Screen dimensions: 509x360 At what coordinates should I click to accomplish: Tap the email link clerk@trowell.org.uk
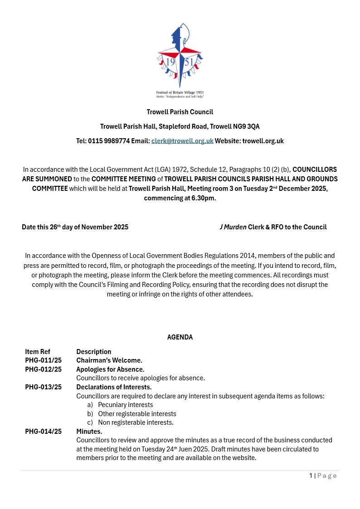[x=182, y=141]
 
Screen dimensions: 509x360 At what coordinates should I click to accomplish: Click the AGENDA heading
[x=180, y=337]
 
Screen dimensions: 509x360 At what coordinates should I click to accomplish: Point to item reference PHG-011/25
[x=44, y=360]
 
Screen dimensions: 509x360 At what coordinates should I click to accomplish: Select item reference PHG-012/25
[x=44, y=369]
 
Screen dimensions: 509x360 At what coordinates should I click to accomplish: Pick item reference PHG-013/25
[x=44, y=387]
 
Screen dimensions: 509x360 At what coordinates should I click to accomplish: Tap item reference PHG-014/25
[x=44, y=431]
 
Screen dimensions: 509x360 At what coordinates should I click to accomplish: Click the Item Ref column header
[x=38, y=352]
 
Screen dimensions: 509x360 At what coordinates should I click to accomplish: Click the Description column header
[x=94, y=352]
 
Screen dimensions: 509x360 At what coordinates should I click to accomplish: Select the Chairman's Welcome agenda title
[x=109, y=360]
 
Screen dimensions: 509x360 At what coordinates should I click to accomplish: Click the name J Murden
[x=233, y=227]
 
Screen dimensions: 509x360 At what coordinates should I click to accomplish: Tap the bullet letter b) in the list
[x=90, y=414]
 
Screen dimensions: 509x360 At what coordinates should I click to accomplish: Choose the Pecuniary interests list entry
[x=126, y=405]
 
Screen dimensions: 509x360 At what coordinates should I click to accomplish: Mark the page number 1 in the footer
[x=311, y=475]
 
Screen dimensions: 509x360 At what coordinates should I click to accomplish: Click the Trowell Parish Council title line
[x=180, y=112]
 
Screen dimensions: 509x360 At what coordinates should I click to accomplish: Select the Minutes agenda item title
[x=89, y=431]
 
